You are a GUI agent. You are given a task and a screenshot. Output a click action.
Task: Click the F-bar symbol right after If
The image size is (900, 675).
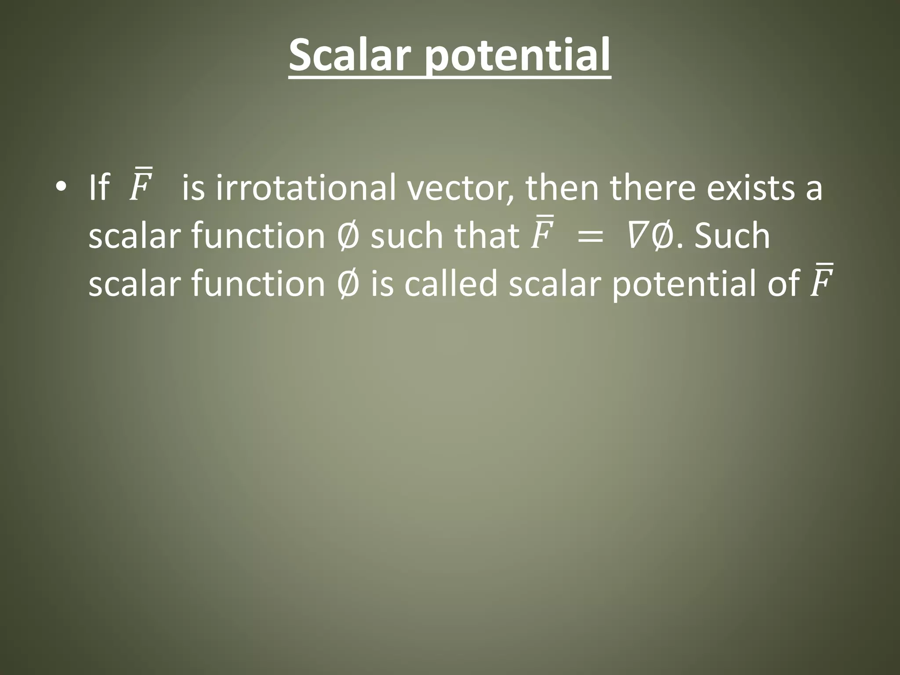(141, 185)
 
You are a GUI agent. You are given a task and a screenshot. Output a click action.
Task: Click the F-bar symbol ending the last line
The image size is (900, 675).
(820, 281)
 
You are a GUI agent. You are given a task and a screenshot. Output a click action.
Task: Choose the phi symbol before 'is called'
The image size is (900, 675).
(348, 283)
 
